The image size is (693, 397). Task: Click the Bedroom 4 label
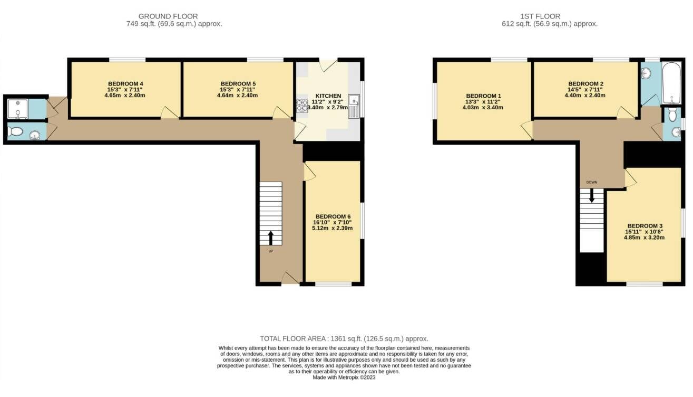pos(125,84)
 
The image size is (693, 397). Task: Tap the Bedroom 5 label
pos(238,84)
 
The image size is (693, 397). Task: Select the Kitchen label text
pos(328,96)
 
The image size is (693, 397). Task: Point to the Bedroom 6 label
pos(333,216)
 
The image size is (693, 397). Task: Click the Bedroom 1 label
pos(483,96)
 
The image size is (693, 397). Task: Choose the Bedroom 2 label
pos(585,84)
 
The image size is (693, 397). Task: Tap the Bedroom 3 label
pos(645,226)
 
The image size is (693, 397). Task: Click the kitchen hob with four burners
pos(302,106)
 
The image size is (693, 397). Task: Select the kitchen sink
pos(354,106)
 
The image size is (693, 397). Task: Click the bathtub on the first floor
pos(671,83)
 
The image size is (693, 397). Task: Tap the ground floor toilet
pos(15,131)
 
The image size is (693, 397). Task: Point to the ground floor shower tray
pos(17,109)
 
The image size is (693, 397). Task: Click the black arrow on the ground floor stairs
pos(271,238)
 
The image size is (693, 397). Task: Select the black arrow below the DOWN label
pos(591,195)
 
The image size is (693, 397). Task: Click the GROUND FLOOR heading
pos(168,16)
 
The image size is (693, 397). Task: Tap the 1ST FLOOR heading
pos(540,16)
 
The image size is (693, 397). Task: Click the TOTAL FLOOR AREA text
pos(292,339)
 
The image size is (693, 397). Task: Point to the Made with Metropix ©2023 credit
pos(344,377)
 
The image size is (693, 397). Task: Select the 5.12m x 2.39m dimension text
pos(332,229)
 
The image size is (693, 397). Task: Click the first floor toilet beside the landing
pos(672,115)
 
